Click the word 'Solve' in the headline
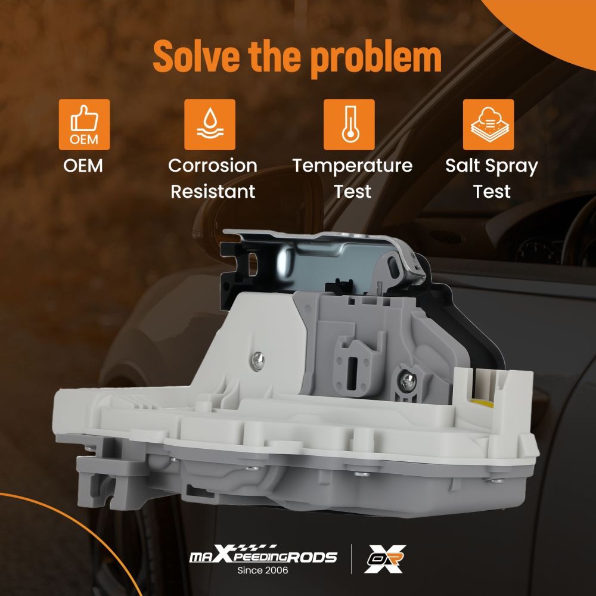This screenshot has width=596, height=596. coord(197,56)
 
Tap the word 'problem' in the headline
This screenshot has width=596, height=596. coord(375,57)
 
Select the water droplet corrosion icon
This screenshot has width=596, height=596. coord(210,125)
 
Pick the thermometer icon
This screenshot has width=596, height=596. coord(349,125)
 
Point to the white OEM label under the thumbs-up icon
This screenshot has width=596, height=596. coord(83,166)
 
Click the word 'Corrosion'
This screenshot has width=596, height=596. coord(213,166)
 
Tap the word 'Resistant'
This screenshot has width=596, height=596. coord(213,191)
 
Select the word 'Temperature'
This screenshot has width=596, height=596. coord(352,166)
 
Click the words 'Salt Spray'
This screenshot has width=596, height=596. coord(492,166)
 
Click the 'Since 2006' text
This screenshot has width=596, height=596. coord(263,570)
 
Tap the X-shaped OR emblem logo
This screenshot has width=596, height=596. coord(384,559)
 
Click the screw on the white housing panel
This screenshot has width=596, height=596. coord(257,359)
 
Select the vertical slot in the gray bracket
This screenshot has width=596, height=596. coord(352,373)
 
